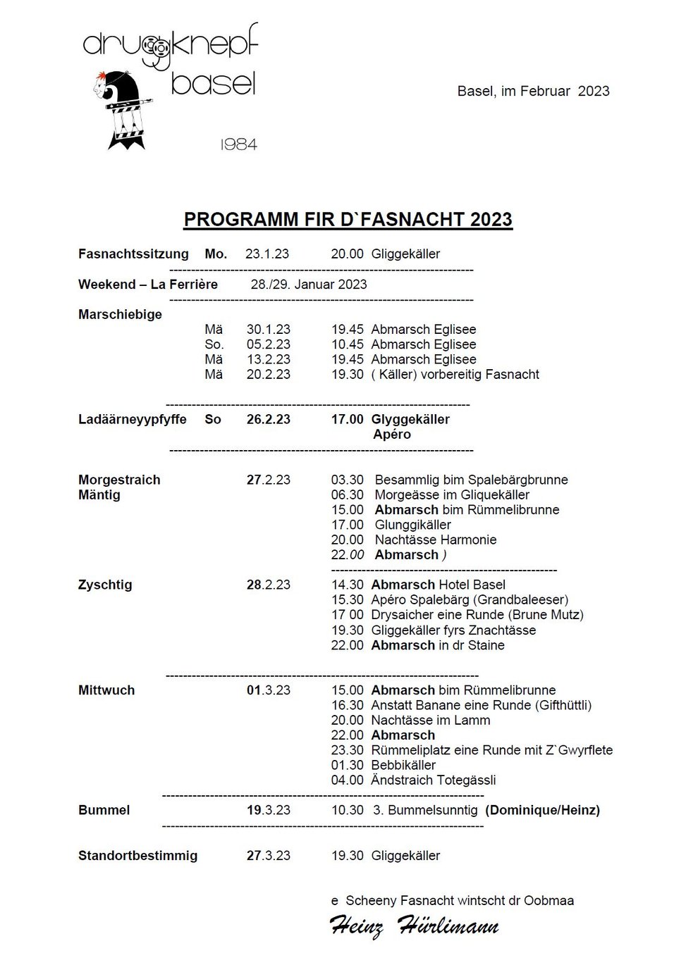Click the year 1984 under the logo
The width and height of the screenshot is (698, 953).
pos(239,144)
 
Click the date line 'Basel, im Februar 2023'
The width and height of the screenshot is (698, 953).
pos(533,91)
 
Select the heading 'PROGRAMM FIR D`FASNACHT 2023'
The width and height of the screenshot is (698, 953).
pos(348,219)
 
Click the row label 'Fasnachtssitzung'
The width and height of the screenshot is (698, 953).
pos(133,254)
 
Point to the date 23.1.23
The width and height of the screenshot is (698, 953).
pos(267,254)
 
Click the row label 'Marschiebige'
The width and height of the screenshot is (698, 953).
pos(120,314)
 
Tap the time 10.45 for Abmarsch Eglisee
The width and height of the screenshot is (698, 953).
pos(348,344)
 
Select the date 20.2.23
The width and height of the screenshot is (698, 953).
pos(269,374)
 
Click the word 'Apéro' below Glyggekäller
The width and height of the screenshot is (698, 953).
pos(392,434)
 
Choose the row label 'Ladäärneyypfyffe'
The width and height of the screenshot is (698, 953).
pos(133,419)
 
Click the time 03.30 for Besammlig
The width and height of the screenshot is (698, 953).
pos(348,480)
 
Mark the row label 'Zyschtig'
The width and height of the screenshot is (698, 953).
pos(105,585)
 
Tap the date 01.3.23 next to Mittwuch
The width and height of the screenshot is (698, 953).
pos(269,690)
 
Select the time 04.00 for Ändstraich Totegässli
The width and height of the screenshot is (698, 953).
pos(348,780)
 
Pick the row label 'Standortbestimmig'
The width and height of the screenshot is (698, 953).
pos(137,856)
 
